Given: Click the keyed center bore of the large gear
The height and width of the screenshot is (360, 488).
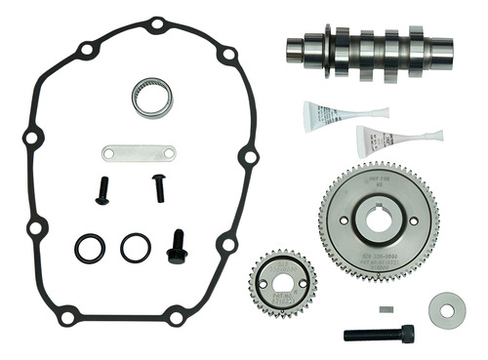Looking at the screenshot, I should point(378,220).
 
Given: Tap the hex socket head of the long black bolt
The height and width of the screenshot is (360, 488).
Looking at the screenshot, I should point(406,334).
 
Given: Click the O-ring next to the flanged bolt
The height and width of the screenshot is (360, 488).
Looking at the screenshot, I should point(136,247).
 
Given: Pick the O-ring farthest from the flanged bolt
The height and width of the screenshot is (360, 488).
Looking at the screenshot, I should point(91,248).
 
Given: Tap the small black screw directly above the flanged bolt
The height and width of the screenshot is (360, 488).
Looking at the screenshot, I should point(158,187).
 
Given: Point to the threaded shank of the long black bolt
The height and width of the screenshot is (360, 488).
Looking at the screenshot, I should point(371,335).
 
